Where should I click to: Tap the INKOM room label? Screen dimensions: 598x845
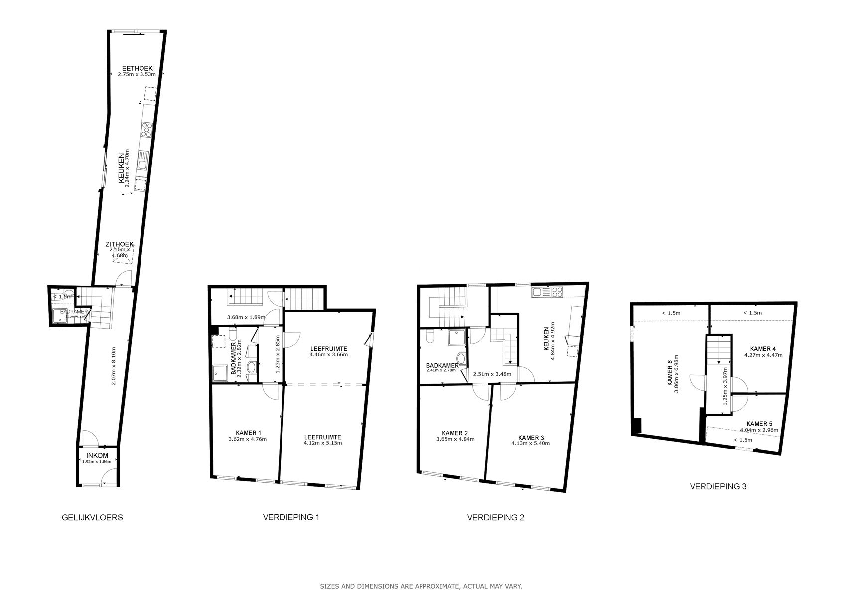click(x=97, y=455)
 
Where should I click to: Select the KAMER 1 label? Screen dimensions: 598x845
click(x=248, y=433)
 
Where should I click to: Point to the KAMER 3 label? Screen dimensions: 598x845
click(x=531, y=437)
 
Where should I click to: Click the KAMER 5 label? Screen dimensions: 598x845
click(x=759, y=424)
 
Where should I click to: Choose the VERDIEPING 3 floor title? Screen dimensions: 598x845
click(x=717, y=486)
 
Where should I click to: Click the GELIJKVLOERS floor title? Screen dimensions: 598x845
click(x=92, y=517)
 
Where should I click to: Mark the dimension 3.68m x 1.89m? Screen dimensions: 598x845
click(x=245, y=317)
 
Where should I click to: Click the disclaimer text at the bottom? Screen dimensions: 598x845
click(x=421, y=586)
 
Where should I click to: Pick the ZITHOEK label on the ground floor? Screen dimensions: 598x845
click(x=119, y=244)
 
